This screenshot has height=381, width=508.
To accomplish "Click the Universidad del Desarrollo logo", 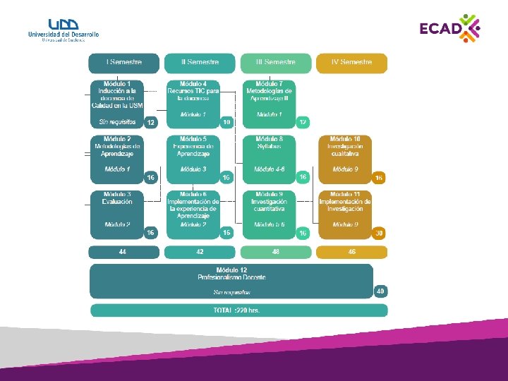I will pos(63,30).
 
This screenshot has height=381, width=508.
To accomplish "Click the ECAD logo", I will pos(449,29).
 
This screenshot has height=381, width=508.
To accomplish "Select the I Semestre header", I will pos(123,63).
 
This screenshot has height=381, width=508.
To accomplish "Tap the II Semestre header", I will pos(200,63).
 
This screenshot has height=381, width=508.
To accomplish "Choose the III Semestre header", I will pos(275,63).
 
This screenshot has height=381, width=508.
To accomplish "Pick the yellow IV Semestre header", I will pos(351,63).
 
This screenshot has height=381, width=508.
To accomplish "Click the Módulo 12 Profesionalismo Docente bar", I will pos(231,281).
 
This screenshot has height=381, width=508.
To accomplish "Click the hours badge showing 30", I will pos(380,233).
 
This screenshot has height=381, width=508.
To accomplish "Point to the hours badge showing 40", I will pos(380,291).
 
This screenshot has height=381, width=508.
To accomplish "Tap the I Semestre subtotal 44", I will pos(123,252).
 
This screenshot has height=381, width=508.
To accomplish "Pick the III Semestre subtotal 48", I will pos(275,252).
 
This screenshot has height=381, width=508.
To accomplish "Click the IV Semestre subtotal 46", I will pos(351,252).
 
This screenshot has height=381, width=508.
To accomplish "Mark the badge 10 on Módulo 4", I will pos(226,123).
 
